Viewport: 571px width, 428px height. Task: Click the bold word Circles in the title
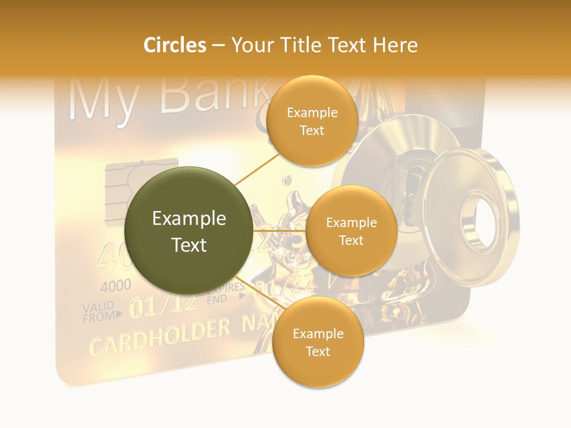coord(174,45)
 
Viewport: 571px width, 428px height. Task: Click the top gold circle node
coord(312,121)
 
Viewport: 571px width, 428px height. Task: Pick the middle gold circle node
coord(351,231)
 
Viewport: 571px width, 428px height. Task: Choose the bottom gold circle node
coord(318,342)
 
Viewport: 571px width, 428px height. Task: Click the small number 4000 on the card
coord(115,286)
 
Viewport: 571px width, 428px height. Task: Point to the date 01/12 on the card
coord(164,304)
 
